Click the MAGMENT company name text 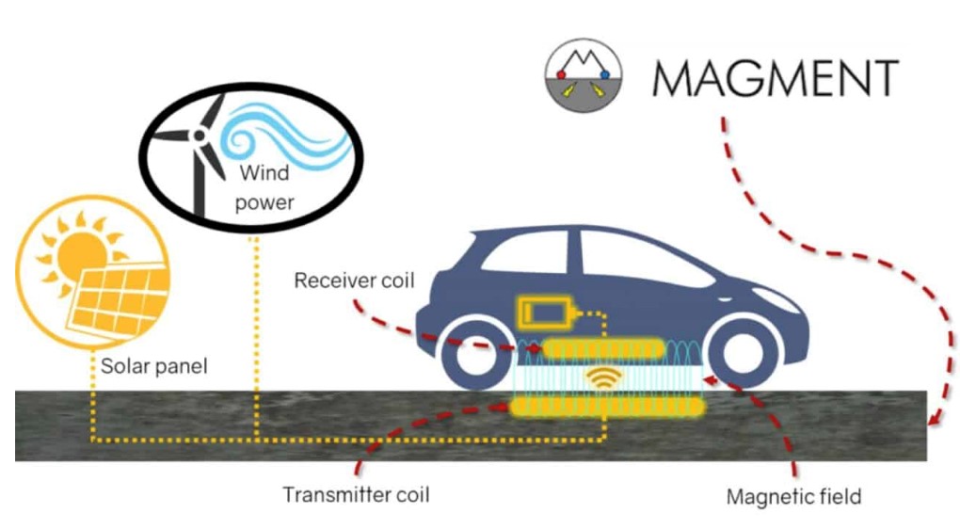click(776, 78)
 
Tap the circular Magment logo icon click(584, 75)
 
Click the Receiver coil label click(354, 281)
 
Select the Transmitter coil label click(356, 494)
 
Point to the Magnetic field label click(793, 496)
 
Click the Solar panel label click(153, 366)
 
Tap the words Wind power click(264, 187)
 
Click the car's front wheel click(744, 353)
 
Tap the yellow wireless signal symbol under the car click(603, 377)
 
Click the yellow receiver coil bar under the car click(603, 349)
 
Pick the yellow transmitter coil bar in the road click(607, 408)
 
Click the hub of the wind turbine click(199, 136)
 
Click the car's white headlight click(779, 299)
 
